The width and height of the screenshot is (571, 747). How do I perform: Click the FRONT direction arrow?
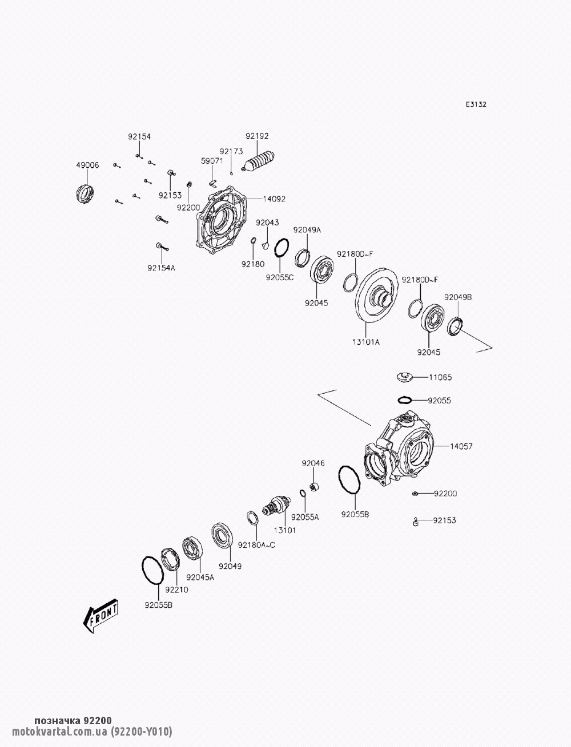pyautogui.click(x=101, y=616)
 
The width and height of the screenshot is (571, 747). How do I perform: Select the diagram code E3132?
pyautogui.click(x=475, y=104)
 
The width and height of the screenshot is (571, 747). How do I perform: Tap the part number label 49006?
pyautogui.click(x=87, y=165)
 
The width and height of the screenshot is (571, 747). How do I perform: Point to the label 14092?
pyautogui.click(x=274, y=199)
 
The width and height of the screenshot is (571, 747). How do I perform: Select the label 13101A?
pyautogui.click(x=365, y=342)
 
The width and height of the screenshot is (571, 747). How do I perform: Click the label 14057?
pyautogui.click(x=461, y=446)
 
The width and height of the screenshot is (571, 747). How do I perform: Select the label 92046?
pyautogui.click(x=313, y=463)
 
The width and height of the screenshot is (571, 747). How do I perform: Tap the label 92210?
pyautogui.click(x=176, y=589)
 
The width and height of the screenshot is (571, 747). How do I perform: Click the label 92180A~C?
pyautogui.click(x=257, y=544)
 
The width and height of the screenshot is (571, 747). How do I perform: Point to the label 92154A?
pyautogui.click(x=161, y=267)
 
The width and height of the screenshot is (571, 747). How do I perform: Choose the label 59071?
pyautogui.click(x=211, y=161)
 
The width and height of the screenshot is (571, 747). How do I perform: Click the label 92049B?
pyautogui.click(x=458, y=297)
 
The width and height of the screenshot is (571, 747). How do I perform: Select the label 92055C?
pyautogui.click(x=279, y=278)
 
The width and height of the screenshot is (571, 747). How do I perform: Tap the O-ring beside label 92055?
pyautogui.click(x=405, y=400)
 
